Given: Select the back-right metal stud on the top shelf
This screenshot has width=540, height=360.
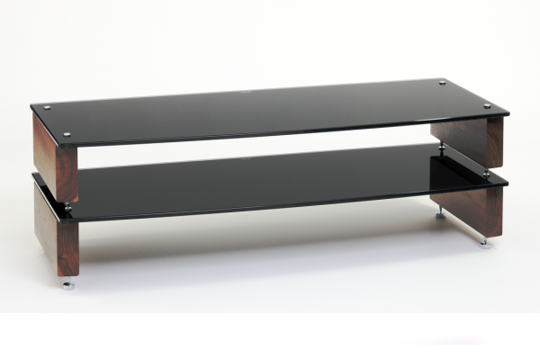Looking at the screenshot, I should tap(442, 84).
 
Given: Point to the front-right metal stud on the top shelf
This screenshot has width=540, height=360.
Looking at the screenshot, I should tap(486, 105).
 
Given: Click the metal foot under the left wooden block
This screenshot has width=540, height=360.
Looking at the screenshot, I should tap(67, 284).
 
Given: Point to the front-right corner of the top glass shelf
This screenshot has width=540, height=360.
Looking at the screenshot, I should tap(507, 114).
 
